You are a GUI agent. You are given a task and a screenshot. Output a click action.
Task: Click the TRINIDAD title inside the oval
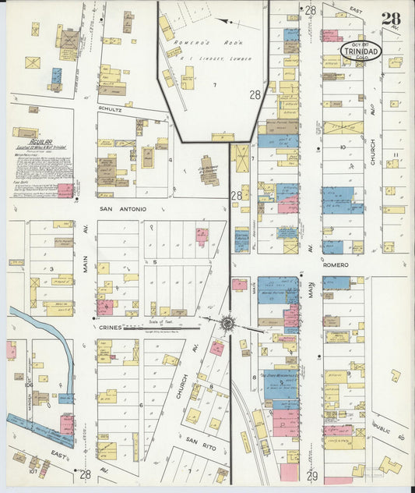point(360,53)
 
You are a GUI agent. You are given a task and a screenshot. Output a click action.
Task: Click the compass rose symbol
point(227,323)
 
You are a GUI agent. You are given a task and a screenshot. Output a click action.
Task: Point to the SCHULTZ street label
point(110,110)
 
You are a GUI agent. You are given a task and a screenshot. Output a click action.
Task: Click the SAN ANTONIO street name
point(117,209)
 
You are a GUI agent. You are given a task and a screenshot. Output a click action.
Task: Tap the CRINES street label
point(109,328)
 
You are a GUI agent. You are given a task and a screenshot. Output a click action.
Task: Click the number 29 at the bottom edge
point(312,475)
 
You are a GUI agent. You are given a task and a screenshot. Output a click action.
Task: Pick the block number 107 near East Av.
point(33,470)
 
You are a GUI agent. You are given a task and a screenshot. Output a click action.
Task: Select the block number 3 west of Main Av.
point(51,268)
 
